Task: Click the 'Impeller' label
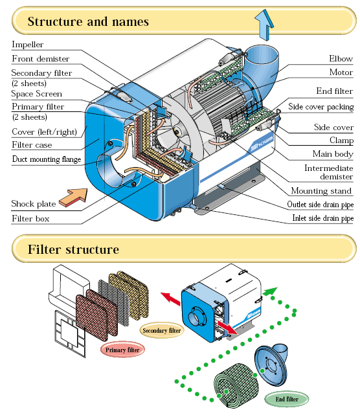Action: [x=27, y=45]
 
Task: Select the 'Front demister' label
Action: [x=40, y=58]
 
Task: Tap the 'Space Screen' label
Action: [x=37, y=94]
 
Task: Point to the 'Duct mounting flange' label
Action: [x=47, y=159]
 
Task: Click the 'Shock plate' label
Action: [x=34, y=204]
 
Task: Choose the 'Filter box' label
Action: [x=30, y=219]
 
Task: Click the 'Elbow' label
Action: [x=341, y=58]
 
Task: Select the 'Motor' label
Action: [x=341, y=72]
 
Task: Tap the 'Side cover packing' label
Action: [x=321, y=107]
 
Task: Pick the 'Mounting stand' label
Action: [x=321, y=190]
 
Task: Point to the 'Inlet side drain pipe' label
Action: [x=323, y=218]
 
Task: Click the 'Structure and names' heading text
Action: [x=88, y=21]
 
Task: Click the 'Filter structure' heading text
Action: [x=73, y=249]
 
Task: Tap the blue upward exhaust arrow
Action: [x=264, y=25]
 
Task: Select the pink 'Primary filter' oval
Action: [x=122, y=350]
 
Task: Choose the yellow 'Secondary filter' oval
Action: [x=162, y=331]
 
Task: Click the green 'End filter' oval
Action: [x=287, y=399]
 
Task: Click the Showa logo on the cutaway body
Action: [x=262, y=144]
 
